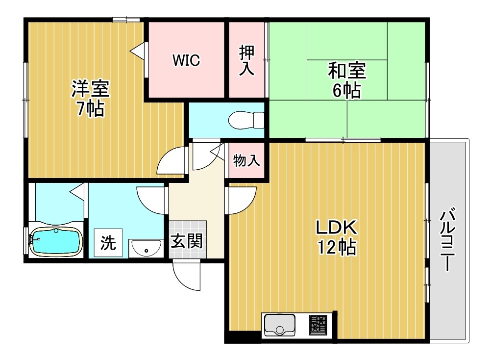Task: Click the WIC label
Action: tap(186, 61)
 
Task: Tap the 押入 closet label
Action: tap(246, 60)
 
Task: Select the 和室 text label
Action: tap(346, 71)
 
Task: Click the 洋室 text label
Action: tap(90, 89)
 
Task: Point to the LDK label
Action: tap(337, 228)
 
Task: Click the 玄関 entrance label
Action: tap(187, 241)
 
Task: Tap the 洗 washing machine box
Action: tap(108, 243)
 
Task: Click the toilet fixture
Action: tap(247, 120)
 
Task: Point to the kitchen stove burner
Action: tap(318, 325)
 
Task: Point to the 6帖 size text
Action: tap(346, 91)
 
